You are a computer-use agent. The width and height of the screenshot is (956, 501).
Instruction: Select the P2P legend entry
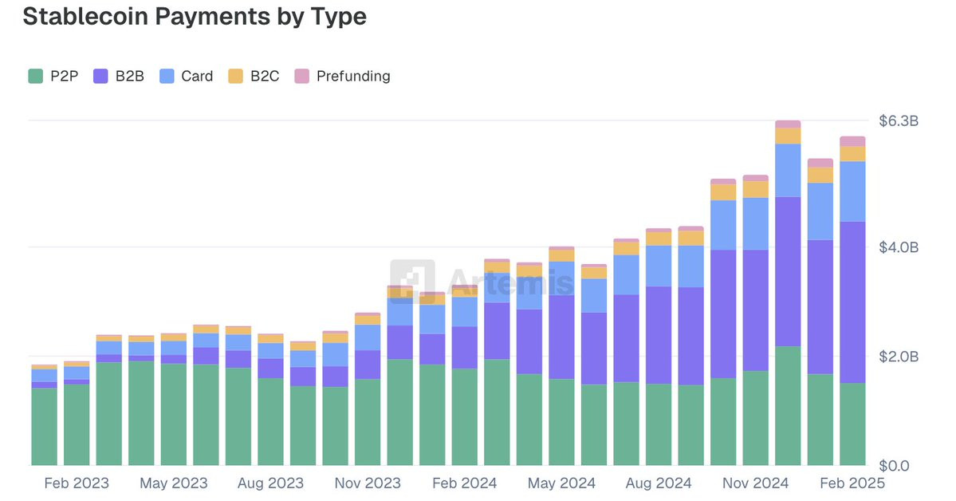click(53, 77)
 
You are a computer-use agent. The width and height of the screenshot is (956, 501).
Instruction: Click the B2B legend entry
click(119, 77)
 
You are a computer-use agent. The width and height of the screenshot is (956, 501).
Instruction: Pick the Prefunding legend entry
click(342, 77)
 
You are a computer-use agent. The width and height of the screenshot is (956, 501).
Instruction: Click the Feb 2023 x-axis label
click(77, 483)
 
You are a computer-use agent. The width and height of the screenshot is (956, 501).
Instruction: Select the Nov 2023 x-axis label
click(368, 483)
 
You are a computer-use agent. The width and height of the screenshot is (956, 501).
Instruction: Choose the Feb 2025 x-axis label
click(852, 483)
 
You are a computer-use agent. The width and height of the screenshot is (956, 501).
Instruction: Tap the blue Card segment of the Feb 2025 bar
click(852, 191)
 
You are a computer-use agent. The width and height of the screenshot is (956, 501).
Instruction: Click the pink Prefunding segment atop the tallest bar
click(788, 124)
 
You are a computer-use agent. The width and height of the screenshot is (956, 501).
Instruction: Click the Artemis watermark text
click(510, 281)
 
